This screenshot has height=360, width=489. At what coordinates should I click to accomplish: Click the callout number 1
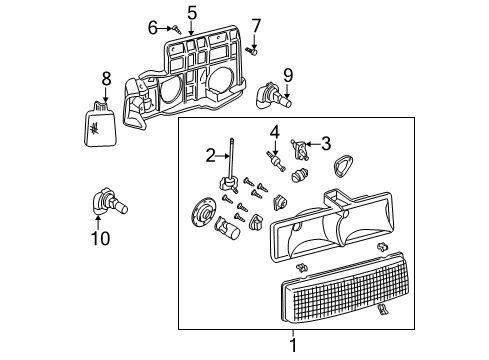(292, 345)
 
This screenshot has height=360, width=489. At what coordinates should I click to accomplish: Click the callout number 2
(211, 155)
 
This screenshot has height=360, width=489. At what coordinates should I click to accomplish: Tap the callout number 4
(274, 131)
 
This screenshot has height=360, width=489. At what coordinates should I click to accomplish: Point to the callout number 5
(192, 12)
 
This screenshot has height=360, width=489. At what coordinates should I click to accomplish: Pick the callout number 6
(153, 26)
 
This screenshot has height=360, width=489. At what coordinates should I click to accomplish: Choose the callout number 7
(256, 24)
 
